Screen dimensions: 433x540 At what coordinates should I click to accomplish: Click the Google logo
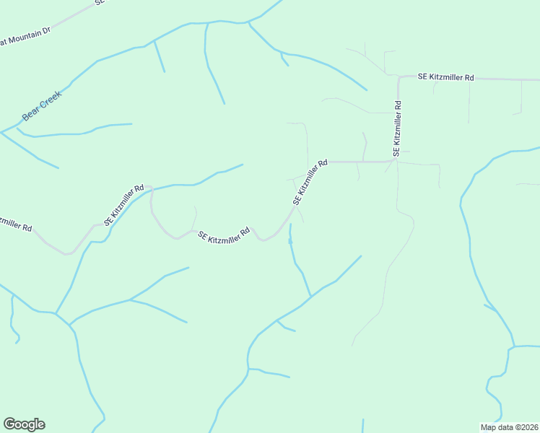(24, 424)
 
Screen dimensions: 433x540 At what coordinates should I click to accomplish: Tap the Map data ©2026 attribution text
(509, 427)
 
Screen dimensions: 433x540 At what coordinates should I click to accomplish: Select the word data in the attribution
(504, 427)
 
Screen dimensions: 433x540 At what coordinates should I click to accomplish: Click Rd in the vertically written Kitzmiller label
(397, 105)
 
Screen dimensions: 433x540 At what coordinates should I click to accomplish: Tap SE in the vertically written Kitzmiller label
(397, 153)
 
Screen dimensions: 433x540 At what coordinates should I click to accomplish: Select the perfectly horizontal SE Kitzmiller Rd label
(446, 77)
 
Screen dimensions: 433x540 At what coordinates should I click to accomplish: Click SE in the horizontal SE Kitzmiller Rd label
(423, 77)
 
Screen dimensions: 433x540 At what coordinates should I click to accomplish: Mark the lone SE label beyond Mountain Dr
(100, 3)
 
